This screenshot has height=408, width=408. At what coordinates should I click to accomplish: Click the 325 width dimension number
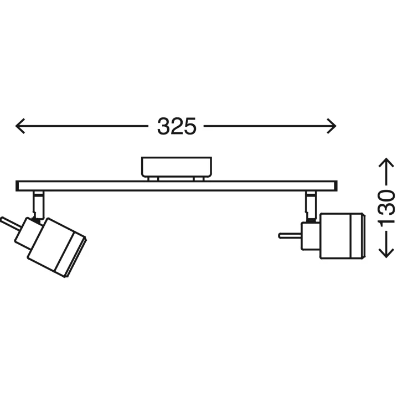(x=177, y=126)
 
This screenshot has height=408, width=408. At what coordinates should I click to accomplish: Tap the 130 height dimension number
(x=386, y=207)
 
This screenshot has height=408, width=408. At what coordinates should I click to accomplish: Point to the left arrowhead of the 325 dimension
(x=19, y=126)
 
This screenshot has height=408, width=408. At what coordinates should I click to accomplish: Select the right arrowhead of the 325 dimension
(x=333, y=126)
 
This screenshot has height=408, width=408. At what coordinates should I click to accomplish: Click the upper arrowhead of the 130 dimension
(x=386, y=162)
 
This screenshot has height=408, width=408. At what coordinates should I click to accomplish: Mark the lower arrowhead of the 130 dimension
(x=386, y=254)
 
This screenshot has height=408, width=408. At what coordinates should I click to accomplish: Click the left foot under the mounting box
(x=153, y=178)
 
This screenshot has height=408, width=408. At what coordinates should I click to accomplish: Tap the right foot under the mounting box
(x=199, y=178)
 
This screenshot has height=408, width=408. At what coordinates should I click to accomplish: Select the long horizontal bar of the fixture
(x=177, y=186)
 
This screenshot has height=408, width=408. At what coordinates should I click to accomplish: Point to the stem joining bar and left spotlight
(x=38, y=203)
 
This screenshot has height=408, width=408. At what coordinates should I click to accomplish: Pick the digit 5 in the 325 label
(x=188, y=126)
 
